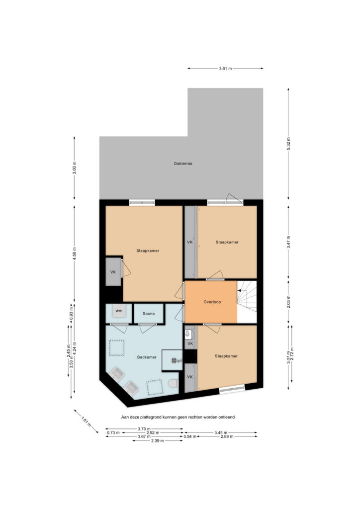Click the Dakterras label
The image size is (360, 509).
tap(183, 164)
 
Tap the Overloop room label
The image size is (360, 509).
tap(212, 302)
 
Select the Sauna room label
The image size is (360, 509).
tap(149, 314)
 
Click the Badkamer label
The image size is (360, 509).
tap(147, 357)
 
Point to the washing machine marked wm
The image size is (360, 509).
tap(119, 311)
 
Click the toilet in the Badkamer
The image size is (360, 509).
tap(174, 383)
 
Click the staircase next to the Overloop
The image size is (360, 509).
tap(247, 302)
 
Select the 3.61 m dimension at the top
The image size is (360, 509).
tap(225, 69)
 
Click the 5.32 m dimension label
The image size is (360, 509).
tap(288, 144)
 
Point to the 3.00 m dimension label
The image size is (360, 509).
tap(75, 168)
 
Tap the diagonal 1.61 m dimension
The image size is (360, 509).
tap(86, 421)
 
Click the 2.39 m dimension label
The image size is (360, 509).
tap(158, 441)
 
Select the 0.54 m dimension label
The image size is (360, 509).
tap(190, 436)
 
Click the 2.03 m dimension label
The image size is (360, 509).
tap(288, 302)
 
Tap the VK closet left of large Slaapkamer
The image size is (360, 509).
tap(113, 272)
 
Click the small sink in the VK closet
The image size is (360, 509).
tap(187, 334)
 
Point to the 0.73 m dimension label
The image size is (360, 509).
tap(113, 433)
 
